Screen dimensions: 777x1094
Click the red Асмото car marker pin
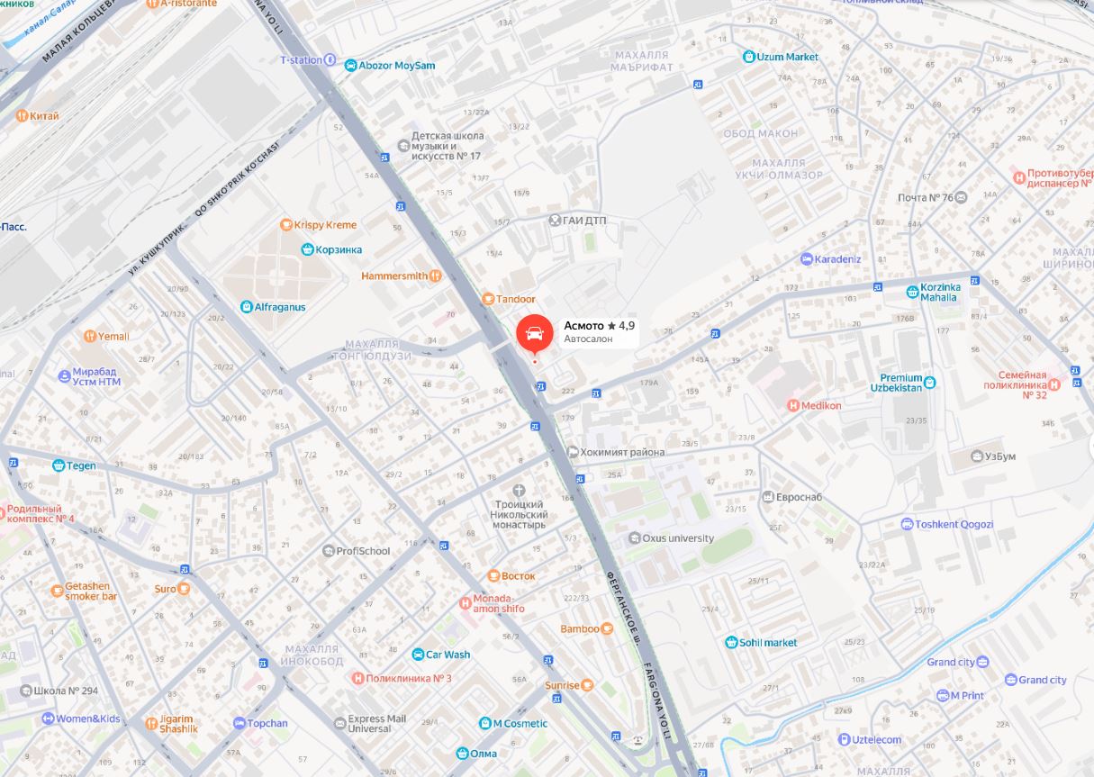[x=534, y=333]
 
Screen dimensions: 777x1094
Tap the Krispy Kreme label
[x=323, y=225]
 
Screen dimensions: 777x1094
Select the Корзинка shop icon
[x=307, y=249]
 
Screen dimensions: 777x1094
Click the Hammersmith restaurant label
[x=394, y=276]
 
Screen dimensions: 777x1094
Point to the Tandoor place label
[x=515, y=299]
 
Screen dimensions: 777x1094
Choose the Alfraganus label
[x=279, y=307]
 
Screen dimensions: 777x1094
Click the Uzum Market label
[x=787, y=57]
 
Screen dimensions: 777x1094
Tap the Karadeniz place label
[x=837, y=259]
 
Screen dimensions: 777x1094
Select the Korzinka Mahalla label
[x=940, y=292]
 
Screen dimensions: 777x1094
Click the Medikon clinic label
[x=820, y=405]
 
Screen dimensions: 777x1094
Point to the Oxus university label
[x=678, y=538]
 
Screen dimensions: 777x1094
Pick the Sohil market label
[x=768, y=643]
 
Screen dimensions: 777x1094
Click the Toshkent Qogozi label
[x=954, y=524]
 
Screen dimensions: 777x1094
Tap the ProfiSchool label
[x=363, y=551]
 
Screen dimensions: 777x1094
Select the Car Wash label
[x=448, y=655]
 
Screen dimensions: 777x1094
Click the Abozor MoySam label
[x=396, y=66]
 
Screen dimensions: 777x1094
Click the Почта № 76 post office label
[x=926, y=197]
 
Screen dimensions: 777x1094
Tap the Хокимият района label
[x=622, y=452]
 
